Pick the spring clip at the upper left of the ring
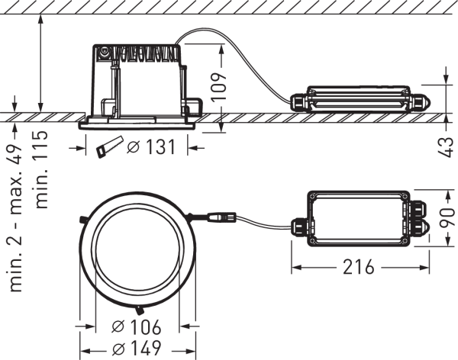tap(82, 220)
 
